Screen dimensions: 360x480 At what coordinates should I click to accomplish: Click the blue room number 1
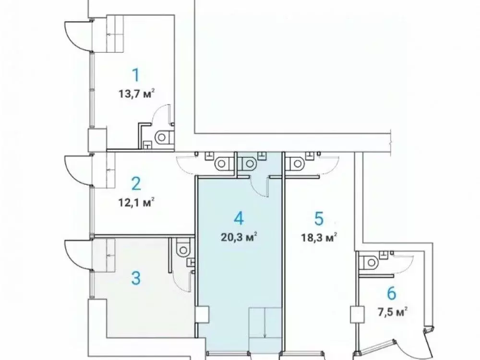136,75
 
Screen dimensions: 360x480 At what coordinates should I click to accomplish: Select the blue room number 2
136,183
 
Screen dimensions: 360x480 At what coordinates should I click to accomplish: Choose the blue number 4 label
239,218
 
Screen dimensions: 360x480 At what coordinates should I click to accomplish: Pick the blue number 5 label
318,218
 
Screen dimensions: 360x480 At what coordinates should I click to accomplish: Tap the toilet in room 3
183,250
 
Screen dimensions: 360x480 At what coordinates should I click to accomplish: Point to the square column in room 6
356,315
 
